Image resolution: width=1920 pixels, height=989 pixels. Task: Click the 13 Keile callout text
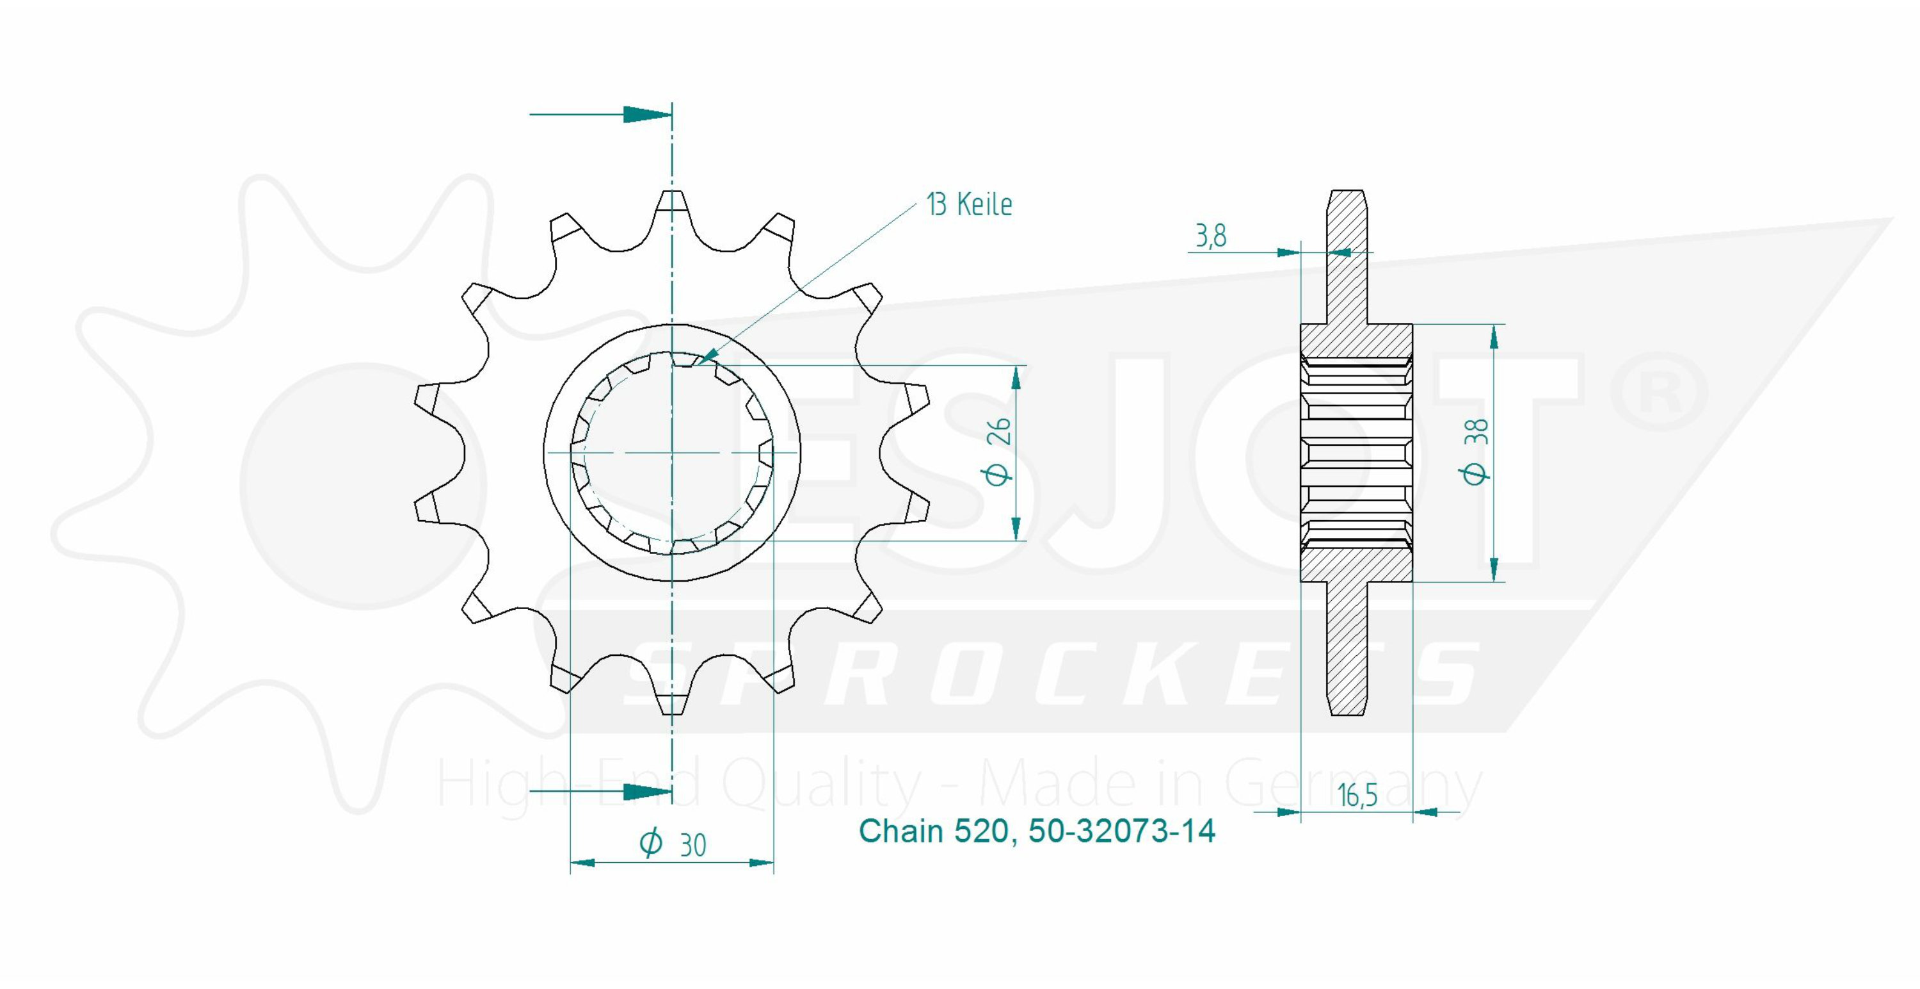click(x=969, y=204)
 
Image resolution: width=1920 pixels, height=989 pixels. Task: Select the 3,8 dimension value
click(x=1211, y=236)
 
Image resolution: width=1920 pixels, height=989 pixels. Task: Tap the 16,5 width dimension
click(x=1357, y=796)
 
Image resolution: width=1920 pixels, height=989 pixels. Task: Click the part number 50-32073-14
click(x=1122, y=831)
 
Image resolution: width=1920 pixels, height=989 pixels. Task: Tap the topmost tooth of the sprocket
click(x=672, y=205)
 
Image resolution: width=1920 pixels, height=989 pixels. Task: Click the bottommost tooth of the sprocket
click(x=672, y=699)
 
